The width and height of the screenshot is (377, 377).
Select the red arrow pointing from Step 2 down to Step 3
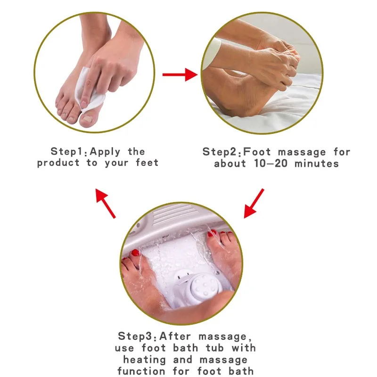pos(254,203)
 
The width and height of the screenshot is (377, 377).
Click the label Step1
pos(68,152)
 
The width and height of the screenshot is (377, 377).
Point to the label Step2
pos(221,152)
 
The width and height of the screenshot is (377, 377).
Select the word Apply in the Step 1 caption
pos(105,152)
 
